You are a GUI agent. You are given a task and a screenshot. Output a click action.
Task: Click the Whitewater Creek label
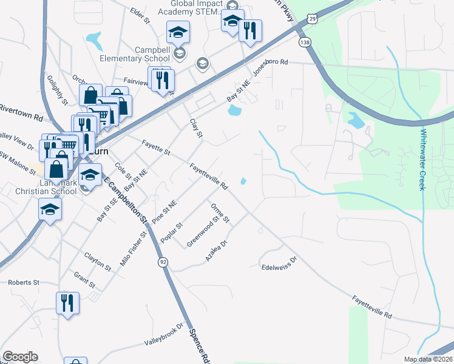pos(423,160)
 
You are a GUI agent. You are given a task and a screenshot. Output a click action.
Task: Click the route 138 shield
pos(304,42)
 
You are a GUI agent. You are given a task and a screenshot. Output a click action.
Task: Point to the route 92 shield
pos(163,261)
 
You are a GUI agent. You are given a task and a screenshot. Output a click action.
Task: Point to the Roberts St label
pos(24,283)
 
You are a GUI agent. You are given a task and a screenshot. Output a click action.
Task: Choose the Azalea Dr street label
pos(215,251)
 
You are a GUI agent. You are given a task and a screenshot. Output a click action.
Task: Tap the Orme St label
pos(220,214)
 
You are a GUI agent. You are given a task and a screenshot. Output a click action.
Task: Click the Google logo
pos(20,357)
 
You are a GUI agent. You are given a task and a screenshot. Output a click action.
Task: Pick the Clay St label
pos(195,128)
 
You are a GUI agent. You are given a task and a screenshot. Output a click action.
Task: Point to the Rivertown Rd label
pos(21,112)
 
